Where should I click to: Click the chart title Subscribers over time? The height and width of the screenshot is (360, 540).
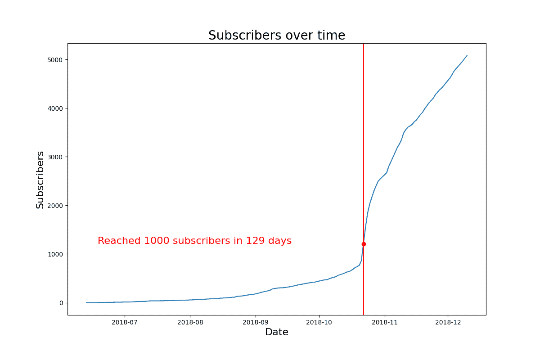coord(277,35)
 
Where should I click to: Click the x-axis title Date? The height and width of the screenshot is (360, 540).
coord(277,332)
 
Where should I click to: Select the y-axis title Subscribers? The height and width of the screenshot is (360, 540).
coord(40,180)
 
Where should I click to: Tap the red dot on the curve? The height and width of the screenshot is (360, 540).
coord(364,244)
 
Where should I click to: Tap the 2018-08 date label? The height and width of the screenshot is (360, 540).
coord(190,322)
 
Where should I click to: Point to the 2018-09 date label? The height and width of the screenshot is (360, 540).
coord(256,322)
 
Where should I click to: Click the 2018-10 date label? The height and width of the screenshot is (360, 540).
coord(319,322)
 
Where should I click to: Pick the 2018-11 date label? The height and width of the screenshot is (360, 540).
coord(385,322)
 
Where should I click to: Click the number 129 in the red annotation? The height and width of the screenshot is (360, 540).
coord(255,241)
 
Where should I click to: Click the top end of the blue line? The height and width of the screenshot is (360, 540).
coord(467,55)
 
